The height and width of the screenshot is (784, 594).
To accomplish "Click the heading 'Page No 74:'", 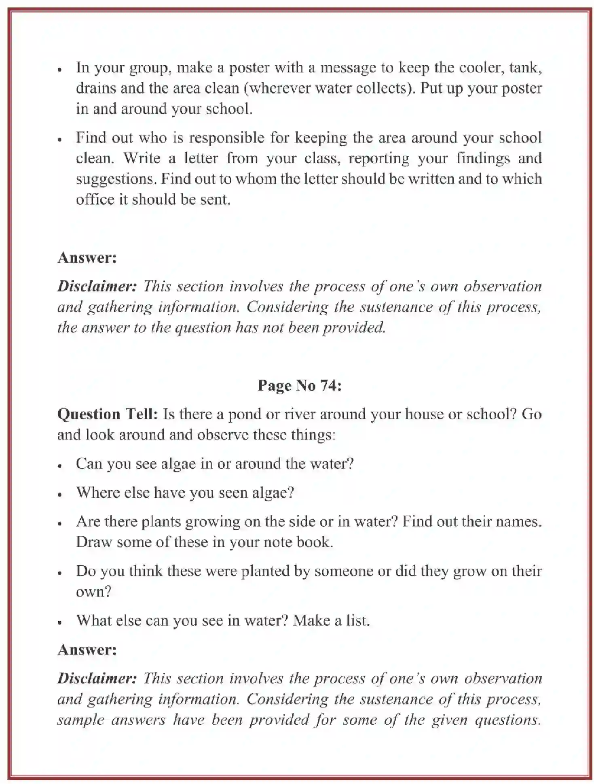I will click(x=299, y=385).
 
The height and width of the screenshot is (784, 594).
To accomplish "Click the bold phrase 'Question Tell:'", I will click(x=107, y=414).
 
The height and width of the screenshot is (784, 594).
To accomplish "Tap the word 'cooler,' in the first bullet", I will click(x=482, y=67).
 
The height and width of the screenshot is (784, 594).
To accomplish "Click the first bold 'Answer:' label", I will click(x=87, y=258).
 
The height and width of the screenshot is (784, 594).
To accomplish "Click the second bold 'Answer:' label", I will click(x=87, y=650).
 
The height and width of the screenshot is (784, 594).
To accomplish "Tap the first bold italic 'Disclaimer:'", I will click(x=97, y=286).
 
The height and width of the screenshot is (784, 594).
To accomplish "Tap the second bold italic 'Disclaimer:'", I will click(x=97, y=678).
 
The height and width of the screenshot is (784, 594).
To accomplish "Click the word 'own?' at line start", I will click(x=93, y=592).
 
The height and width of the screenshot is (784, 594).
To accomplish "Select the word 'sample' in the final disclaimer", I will click(x=81, y=720).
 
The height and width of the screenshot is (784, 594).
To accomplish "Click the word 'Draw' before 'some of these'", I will click(x=94, y=542).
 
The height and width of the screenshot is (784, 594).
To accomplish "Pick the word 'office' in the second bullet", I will click(x=95, y=200).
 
